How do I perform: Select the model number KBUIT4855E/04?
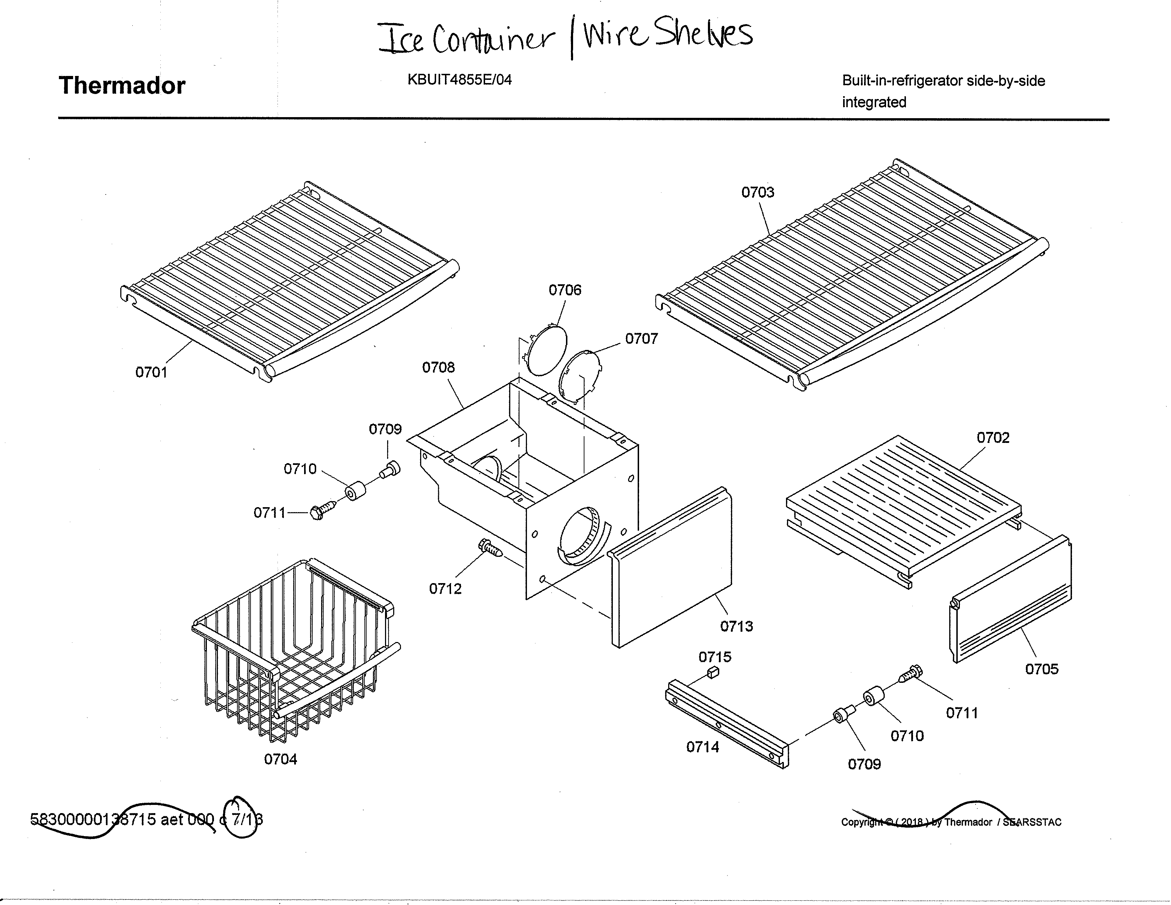coord(460,80)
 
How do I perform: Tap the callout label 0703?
coord(757,192)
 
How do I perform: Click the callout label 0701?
coord(151,372)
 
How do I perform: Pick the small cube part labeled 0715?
coord(713,673)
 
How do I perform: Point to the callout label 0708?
coord(438,368)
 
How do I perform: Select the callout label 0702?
coord(993,438)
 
